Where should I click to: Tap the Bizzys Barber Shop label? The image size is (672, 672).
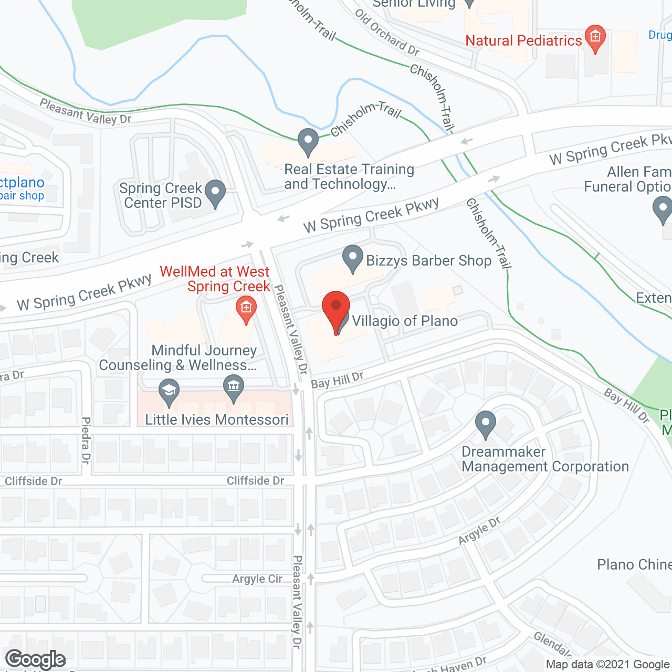(x=428, y=261)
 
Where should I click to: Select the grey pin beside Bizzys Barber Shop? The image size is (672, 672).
(x=353, y=258)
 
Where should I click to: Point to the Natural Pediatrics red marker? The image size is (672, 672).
(x=595, y=37)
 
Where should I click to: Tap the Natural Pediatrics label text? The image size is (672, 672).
(x=523, y=41)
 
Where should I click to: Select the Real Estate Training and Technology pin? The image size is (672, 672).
(x=308, y=141)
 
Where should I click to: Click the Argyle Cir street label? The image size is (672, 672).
(x=257, y=579)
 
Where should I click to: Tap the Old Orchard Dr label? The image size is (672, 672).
(x=387, y=32)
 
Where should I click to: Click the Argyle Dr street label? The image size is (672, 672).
(x=479, y=531)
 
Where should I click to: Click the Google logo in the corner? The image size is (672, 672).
(x=36, y=659)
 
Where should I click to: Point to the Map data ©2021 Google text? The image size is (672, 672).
(x=607, y=665)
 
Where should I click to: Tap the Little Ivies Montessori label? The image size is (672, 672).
(x=217, y=420)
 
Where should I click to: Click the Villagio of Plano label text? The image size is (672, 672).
(x=405, y=321)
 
